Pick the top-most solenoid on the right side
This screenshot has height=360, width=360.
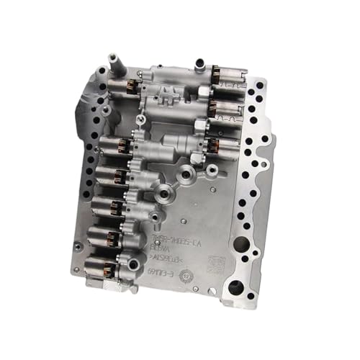pos(225,75)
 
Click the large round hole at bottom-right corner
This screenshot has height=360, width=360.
pos(235,288)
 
